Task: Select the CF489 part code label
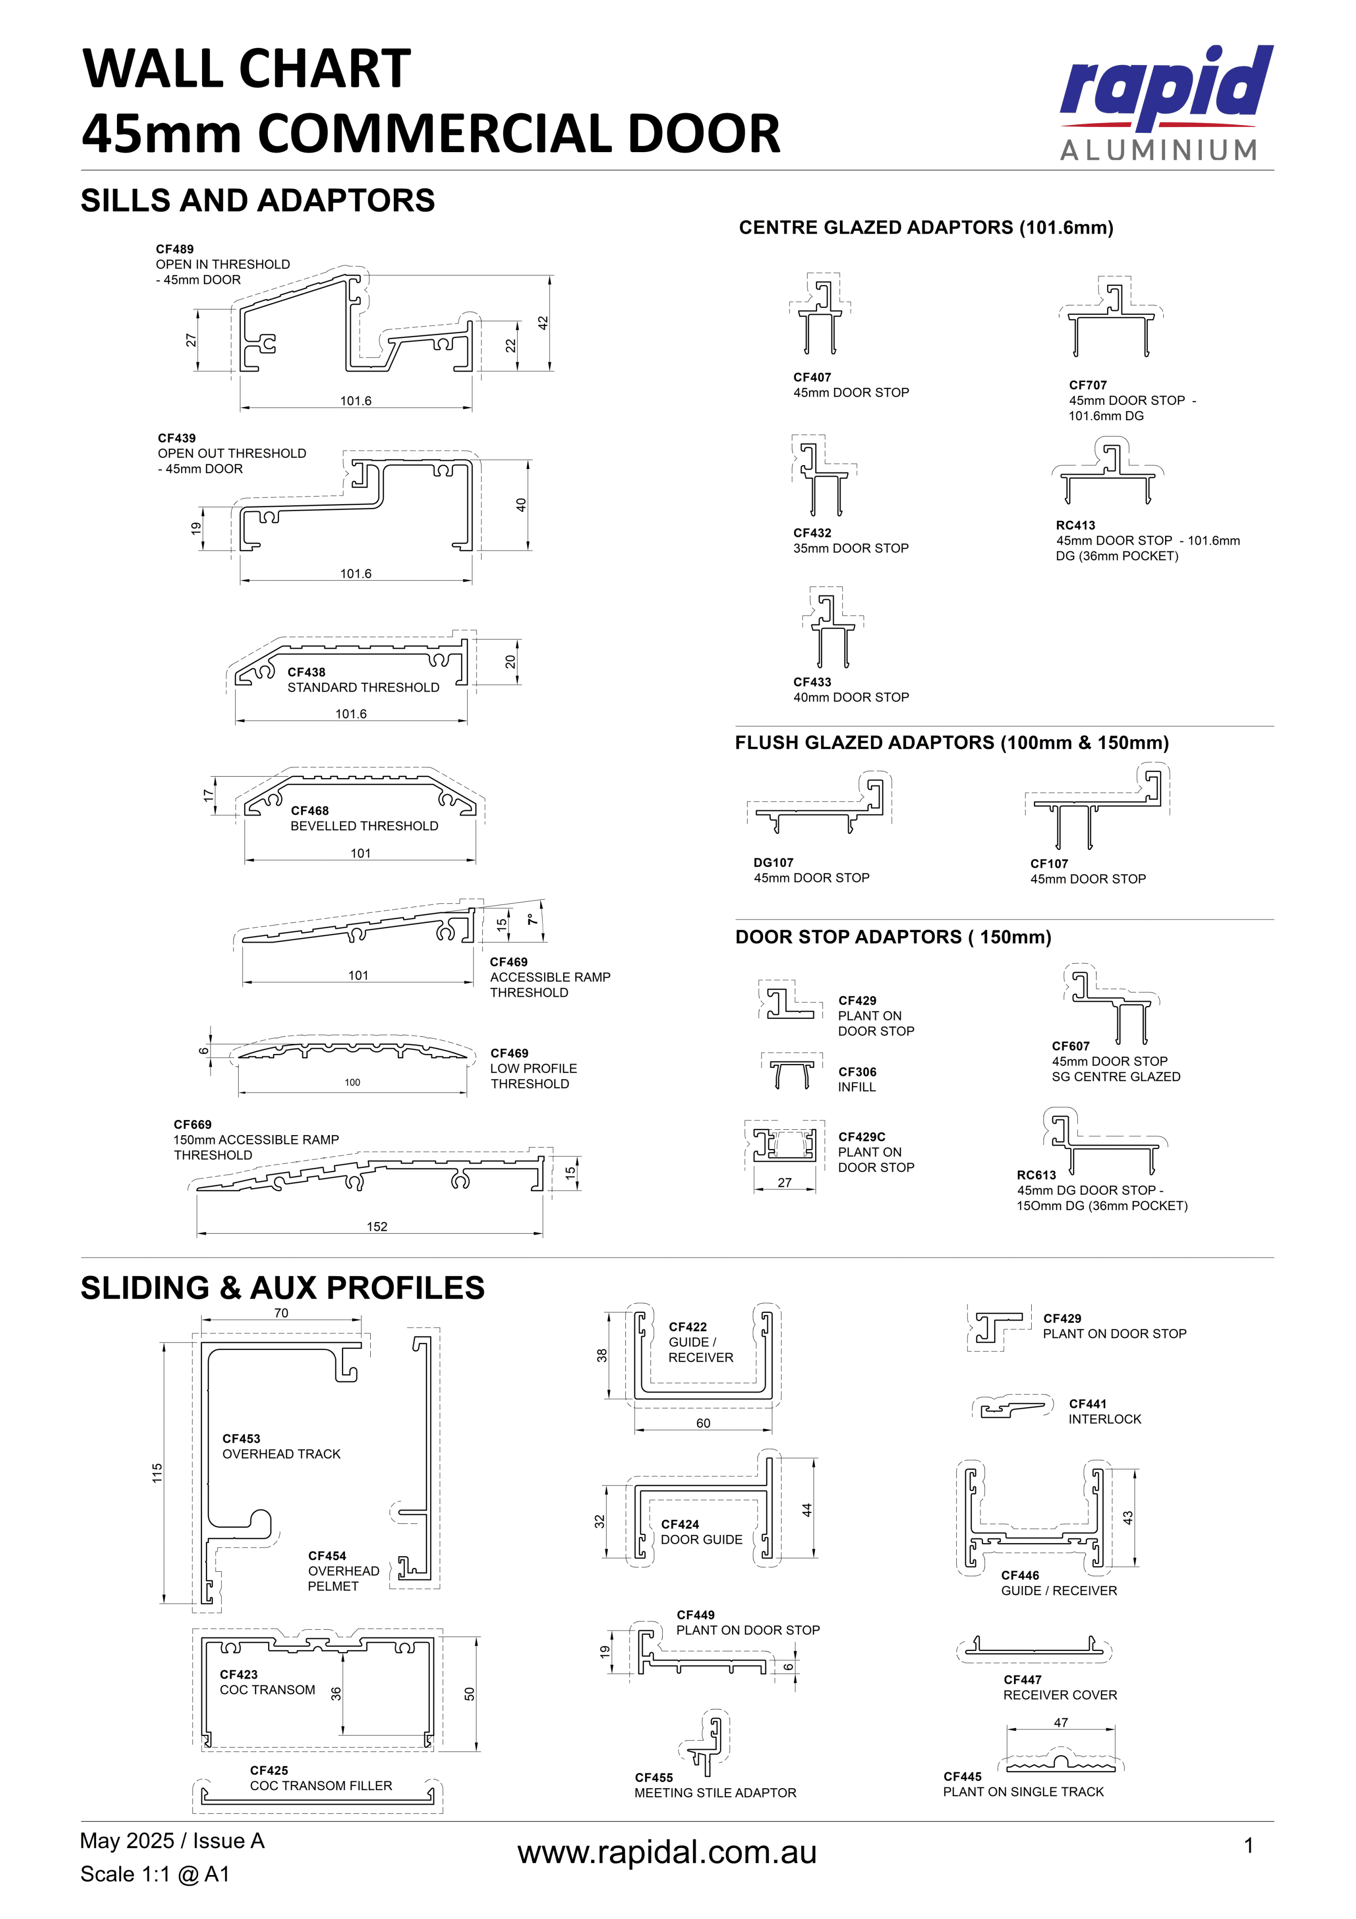pos(175,249)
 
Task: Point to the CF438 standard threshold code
pos(306,672)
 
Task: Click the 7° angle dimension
pos(533,919)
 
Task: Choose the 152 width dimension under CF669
pos(377,1226)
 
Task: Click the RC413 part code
pos(1075,526)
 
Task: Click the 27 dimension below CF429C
pos(784,1183)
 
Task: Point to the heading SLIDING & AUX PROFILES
pos(283,1288)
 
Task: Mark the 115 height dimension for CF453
pos(157,1474)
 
